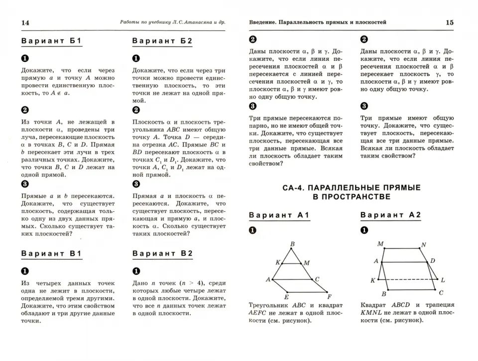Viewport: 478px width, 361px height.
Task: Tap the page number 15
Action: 449,22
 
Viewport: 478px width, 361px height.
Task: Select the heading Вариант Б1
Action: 50,41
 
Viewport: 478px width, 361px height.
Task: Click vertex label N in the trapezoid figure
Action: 424,244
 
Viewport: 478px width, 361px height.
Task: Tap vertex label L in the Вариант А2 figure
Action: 443,281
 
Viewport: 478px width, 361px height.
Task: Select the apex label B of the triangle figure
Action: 292,244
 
